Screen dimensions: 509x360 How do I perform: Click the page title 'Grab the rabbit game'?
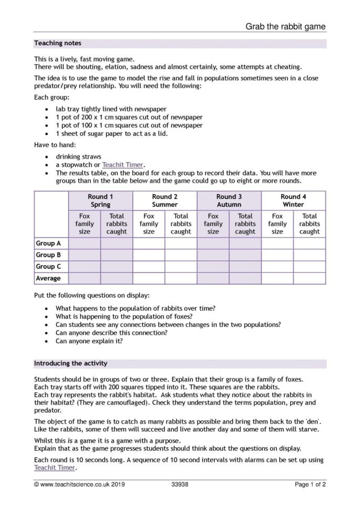pos(285,26)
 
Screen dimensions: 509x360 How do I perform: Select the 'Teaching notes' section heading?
pos(58,43)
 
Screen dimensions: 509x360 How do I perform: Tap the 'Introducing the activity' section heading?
pos(71,363)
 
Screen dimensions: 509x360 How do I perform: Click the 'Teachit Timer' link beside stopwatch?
pos(123,164)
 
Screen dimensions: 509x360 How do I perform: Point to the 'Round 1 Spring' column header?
pos(100,200)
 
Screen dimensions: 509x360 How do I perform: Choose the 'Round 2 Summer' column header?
pos(165,200)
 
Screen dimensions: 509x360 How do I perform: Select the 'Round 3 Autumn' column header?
pos(229,200)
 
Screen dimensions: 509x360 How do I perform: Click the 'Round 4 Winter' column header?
pos(293,200)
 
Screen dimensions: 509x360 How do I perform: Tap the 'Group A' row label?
pos(48,243)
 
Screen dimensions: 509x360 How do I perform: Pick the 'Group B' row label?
pos(48,255)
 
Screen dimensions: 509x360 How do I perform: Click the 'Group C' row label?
pos(48,267)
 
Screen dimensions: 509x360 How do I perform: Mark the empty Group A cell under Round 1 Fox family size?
pos(84,243)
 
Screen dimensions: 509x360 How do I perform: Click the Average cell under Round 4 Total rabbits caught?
pos(309,278)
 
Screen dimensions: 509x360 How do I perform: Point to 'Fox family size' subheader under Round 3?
pos(213,224)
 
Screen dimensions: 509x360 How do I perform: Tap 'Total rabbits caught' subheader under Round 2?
pos(181,224)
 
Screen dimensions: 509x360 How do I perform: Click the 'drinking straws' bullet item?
pos(78,156)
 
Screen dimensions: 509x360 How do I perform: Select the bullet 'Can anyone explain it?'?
pos(89,341)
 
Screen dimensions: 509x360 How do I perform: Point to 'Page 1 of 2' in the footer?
pos(310,484)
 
